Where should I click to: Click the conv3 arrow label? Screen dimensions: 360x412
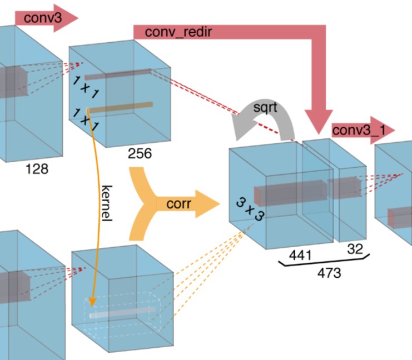point(39,17)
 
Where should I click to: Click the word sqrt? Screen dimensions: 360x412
point(265,106)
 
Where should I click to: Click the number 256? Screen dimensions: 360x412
point(140,154)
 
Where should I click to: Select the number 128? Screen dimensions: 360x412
point(36,169)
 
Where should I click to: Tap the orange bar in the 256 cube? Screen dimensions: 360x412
point(120,107)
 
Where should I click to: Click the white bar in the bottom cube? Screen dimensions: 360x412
point(120,314)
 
